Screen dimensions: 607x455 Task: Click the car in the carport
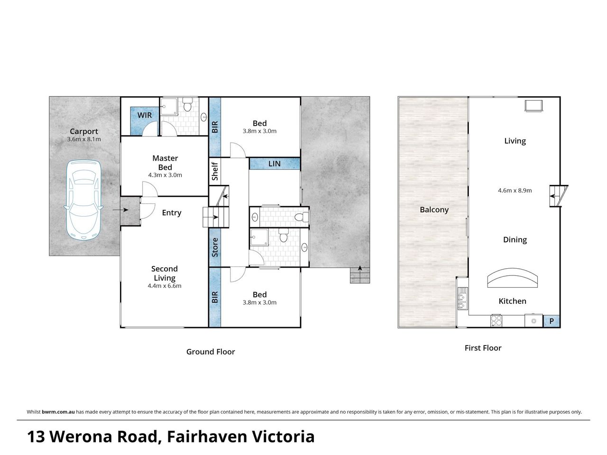tap(83, 200)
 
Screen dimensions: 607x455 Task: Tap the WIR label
tap(144, 115)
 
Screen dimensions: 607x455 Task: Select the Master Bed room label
tap(165, 163)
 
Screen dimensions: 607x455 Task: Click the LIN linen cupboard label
tap(274, 164)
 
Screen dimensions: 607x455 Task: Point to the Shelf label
tap(215, 171)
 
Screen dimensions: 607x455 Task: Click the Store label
tap(215, 247)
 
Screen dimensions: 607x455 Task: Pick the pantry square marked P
tap(552, 321)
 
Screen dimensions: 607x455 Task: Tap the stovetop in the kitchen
tap(496, 321)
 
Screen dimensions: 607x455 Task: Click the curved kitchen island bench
tap(513, 278)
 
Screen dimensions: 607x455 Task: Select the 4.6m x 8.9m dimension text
tap(515, 191)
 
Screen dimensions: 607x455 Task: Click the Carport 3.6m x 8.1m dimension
tap(84, 139)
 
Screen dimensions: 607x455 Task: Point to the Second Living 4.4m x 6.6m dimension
tap(164, 286)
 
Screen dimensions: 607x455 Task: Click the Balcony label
tap(434, 209)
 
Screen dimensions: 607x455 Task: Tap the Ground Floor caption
tap(211, 352)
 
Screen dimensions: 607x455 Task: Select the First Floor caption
tap(483, 348)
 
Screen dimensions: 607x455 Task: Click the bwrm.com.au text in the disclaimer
tap(58, 412)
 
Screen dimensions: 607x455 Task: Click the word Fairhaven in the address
tap(207, 437)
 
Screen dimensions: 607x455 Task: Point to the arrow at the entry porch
tap(120, 210)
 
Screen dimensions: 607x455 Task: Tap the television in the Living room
tap(533, 106)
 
